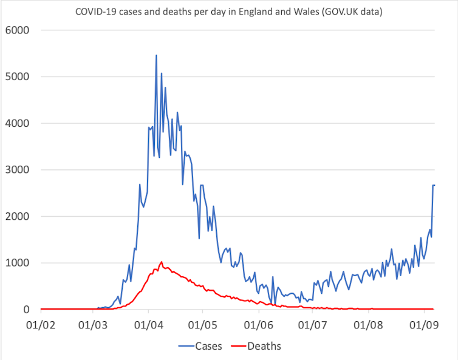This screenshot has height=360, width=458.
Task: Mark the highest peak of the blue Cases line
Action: point(156,55)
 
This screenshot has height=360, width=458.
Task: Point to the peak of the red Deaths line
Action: point(162,262)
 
